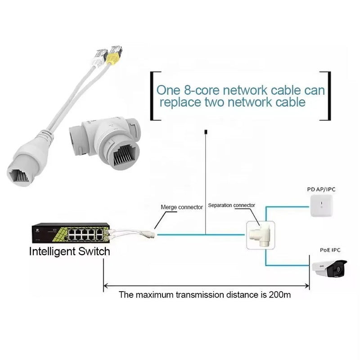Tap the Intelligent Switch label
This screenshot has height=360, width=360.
(69, 251)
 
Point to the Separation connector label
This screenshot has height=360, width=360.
(231, 205)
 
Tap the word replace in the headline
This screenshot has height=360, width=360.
(181, 103)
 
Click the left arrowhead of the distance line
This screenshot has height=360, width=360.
(106, 285)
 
